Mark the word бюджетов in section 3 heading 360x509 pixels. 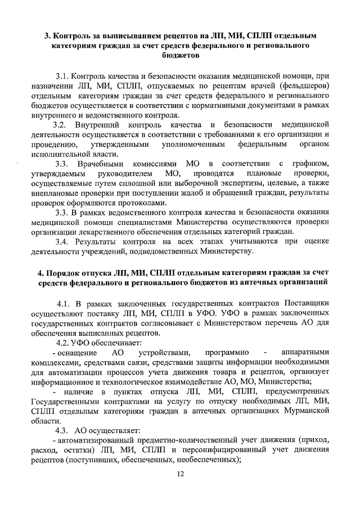coord(180,56)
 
